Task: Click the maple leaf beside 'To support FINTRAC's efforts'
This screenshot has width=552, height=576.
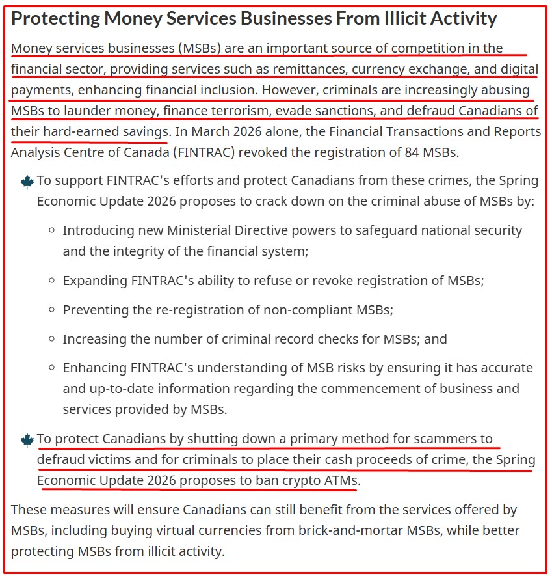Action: tap(27, 182)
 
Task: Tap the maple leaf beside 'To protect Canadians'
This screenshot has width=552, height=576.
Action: tap(27, 440)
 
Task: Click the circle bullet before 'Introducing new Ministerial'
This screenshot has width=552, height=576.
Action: tap(51, 231)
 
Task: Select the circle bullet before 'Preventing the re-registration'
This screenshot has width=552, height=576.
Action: tap(51, 310)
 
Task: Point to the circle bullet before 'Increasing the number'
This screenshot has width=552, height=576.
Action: tap(51, 340)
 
